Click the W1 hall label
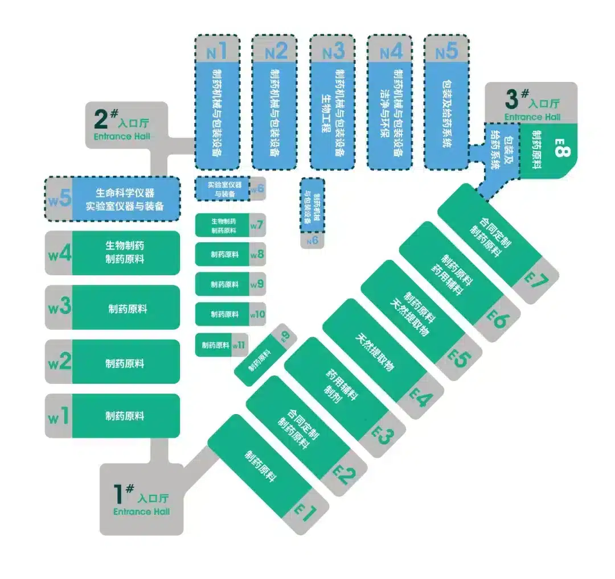click(59, 417)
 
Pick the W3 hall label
click(59, 308)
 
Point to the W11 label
click(239, 345)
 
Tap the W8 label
click(257, 254)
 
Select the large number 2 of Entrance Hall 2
click(101, 119)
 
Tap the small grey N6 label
click(311, 241)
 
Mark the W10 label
click(257, 314)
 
